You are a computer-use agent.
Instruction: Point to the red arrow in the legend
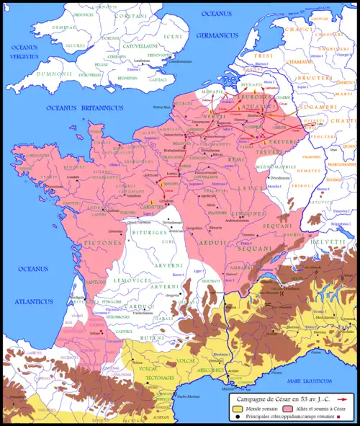pyautogui.click(x=341, y=398)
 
